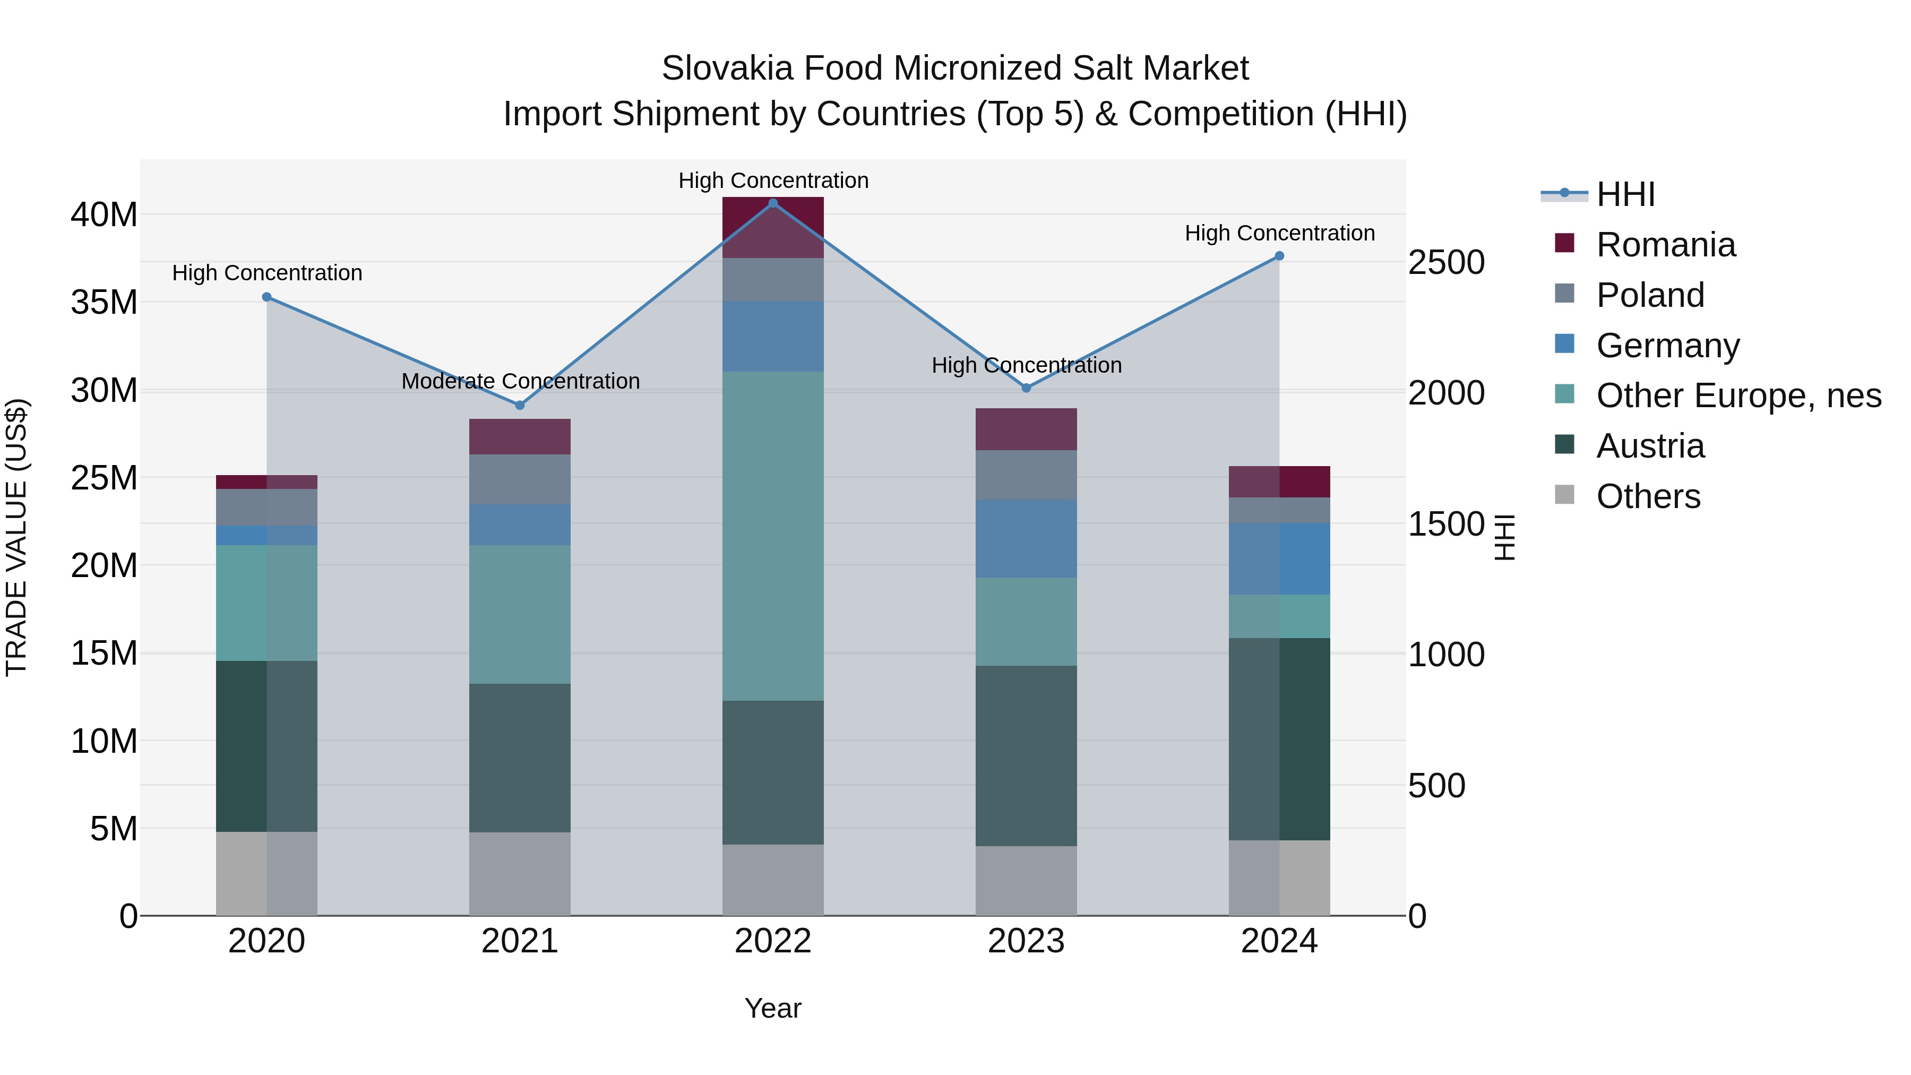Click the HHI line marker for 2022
(773, 203)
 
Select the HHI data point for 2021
(520, 405)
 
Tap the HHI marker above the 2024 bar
(1279, 256)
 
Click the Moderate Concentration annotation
(520, 381)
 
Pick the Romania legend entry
(1665, 245)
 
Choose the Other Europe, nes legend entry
(1738, 395)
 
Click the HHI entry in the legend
(1625, 194)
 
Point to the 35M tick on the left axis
(105, 303)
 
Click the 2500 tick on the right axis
(1446, 263)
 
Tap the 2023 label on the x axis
(1026, 941)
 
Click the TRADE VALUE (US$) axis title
(17, 537)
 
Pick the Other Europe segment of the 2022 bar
(773, 536)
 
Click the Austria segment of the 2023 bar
(1026, 755)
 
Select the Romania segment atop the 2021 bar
(520, 436)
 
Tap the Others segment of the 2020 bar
(266, 873)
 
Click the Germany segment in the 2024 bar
(1279, 558)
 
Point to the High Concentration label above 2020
(267, 273)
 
